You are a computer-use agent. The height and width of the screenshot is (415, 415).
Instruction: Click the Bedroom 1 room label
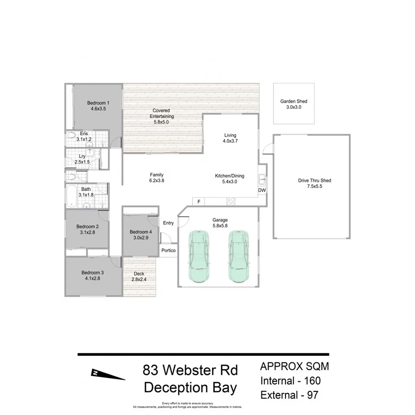98,103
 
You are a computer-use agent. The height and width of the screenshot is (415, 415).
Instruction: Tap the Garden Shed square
294,104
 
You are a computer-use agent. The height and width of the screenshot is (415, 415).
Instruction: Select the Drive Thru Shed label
314,181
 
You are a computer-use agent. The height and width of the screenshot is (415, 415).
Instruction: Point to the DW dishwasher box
261,190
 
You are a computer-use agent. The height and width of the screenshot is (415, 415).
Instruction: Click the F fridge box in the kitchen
199,202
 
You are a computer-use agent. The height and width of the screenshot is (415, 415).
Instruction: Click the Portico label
168,250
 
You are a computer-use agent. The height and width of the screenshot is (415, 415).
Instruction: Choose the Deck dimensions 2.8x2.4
139,279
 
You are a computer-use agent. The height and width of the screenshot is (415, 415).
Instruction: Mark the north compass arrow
108,374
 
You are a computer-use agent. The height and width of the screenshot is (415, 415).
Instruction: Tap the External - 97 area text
289,395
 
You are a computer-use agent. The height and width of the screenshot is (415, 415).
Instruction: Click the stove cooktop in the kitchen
230,201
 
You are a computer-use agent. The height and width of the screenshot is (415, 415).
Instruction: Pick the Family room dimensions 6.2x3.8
157,181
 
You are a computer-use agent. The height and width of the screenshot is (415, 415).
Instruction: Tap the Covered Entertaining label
161,113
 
